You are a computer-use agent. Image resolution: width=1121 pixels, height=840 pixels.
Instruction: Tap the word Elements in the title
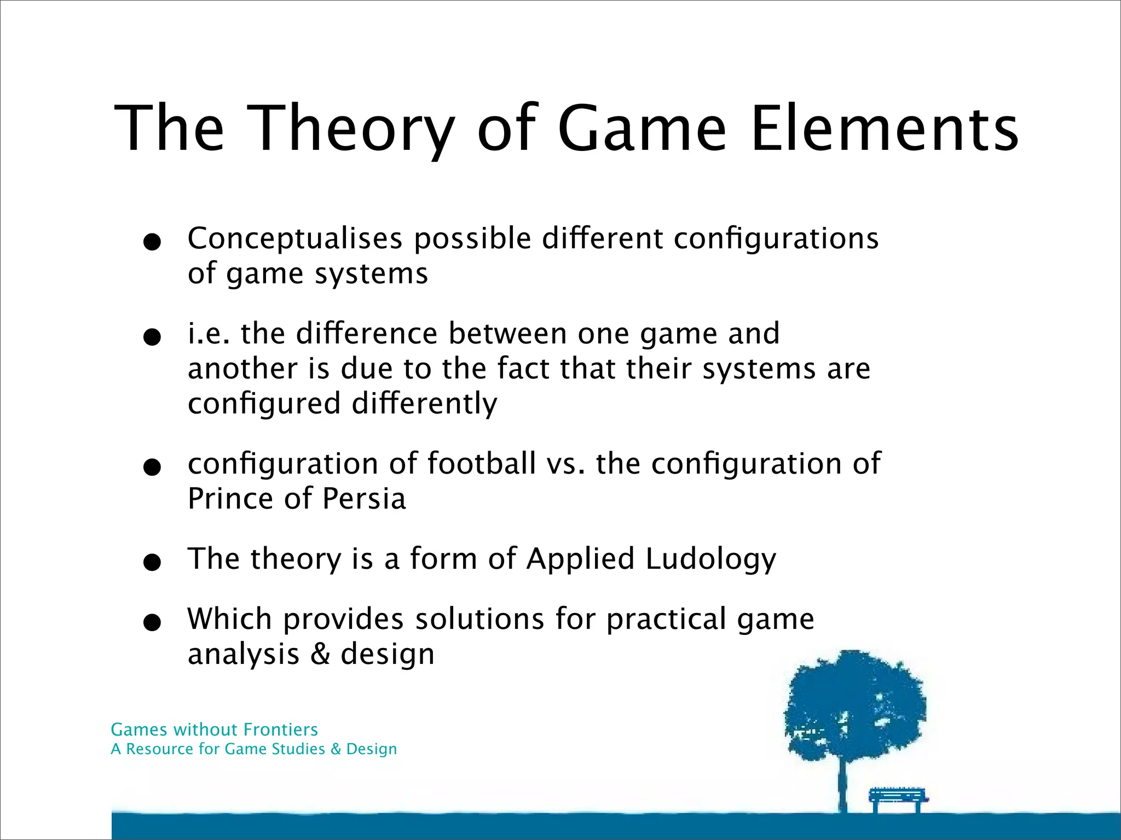click(x=884, y=129)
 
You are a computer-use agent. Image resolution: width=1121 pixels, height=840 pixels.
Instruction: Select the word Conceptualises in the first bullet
click(x=295, y=239)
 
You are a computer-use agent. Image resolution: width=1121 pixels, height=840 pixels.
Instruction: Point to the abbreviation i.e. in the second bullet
click(x=208, y=334)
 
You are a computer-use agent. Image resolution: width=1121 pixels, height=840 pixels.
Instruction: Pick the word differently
click(x=424, y=404)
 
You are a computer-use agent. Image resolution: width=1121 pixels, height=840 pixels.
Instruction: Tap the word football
click(x=481, y=464)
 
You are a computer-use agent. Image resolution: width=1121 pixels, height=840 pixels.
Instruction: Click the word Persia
click(x=363, y=499)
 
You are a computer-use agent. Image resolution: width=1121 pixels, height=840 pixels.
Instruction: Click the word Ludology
click(x=710, y=559)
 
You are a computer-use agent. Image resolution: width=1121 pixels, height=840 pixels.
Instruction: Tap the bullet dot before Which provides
click(x=152, y=622)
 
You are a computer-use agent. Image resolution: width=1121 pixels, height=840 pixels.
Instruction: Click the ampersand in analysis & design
click(x=320, y=654)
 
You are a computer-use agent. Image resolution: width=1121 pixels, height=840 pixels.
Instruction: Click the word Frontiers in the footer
click(x=280, y=730)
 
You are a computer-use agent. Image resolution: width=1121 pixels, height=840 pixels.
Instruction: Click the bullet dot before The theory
click(x=152, y=562)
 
